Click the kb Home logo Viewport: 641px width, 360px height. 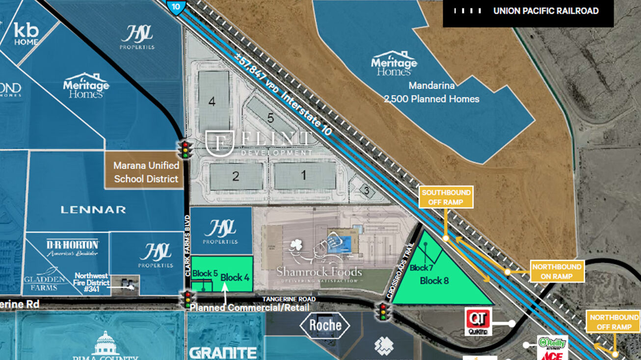click(x=26, y=33)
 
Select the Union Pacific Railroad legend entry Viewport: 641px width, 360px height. click(x=528, y=11)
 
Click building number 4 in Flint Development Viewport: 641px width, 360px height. click(x=212, y=102)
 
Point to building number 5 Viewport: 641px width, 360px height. click(x=270, y=118)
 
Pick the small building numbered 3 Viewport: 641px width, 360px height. click(x=365, y=189)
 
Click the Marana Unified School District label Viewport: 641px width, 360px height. click(x=146, y=172)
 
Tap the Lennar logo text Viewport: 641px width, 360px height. click(x=93, y=210)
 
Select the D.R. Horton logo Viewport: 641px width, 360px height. click(x=72, y=248)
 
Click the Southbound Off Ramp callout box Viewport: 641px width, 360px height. click(x=446, y=197)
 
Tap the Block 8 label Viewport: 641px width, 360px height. click(x=434, y=281)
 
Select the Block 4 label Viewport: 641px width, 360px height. click(x=235, y=278)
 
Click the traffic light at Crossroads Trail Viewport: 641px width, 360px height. click(x=383, y=311)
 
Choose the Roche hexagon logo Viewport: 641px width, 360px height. click(x=325, y=325)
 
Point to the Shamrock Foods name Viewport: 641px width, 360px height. click(x=319, y=271)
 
